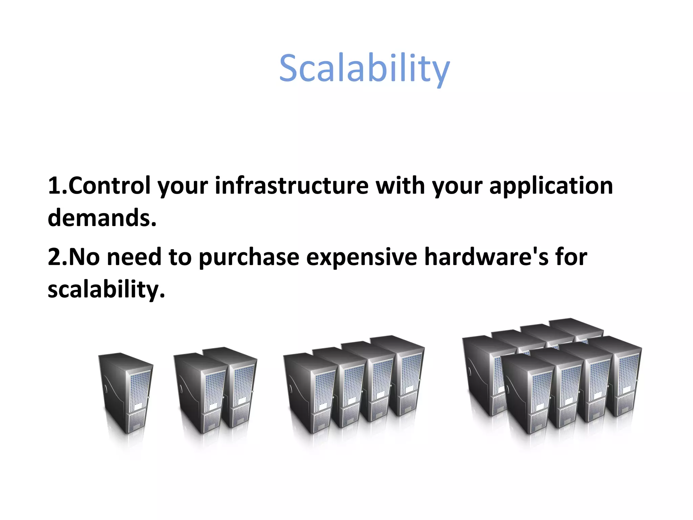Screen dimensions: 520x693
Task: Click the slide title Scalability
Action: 364,69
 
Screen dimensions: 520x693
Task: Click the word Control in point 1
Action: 109,186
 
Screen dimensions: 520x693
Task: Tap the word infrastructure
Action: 291,186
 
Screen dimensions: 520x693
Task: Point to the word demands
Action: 102,218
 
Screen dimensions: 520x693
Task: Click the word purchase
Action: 249,258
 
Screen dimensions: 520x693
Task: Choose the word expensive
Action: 361,258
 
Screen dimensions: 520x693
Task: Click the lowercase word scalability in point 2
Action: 106,290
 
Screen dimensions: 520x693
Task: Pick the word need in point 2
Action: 134,257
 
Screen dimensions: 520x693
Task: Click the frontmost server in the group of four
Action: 310,393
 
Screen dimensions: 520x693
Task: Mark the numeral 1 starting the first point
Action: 54,186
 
